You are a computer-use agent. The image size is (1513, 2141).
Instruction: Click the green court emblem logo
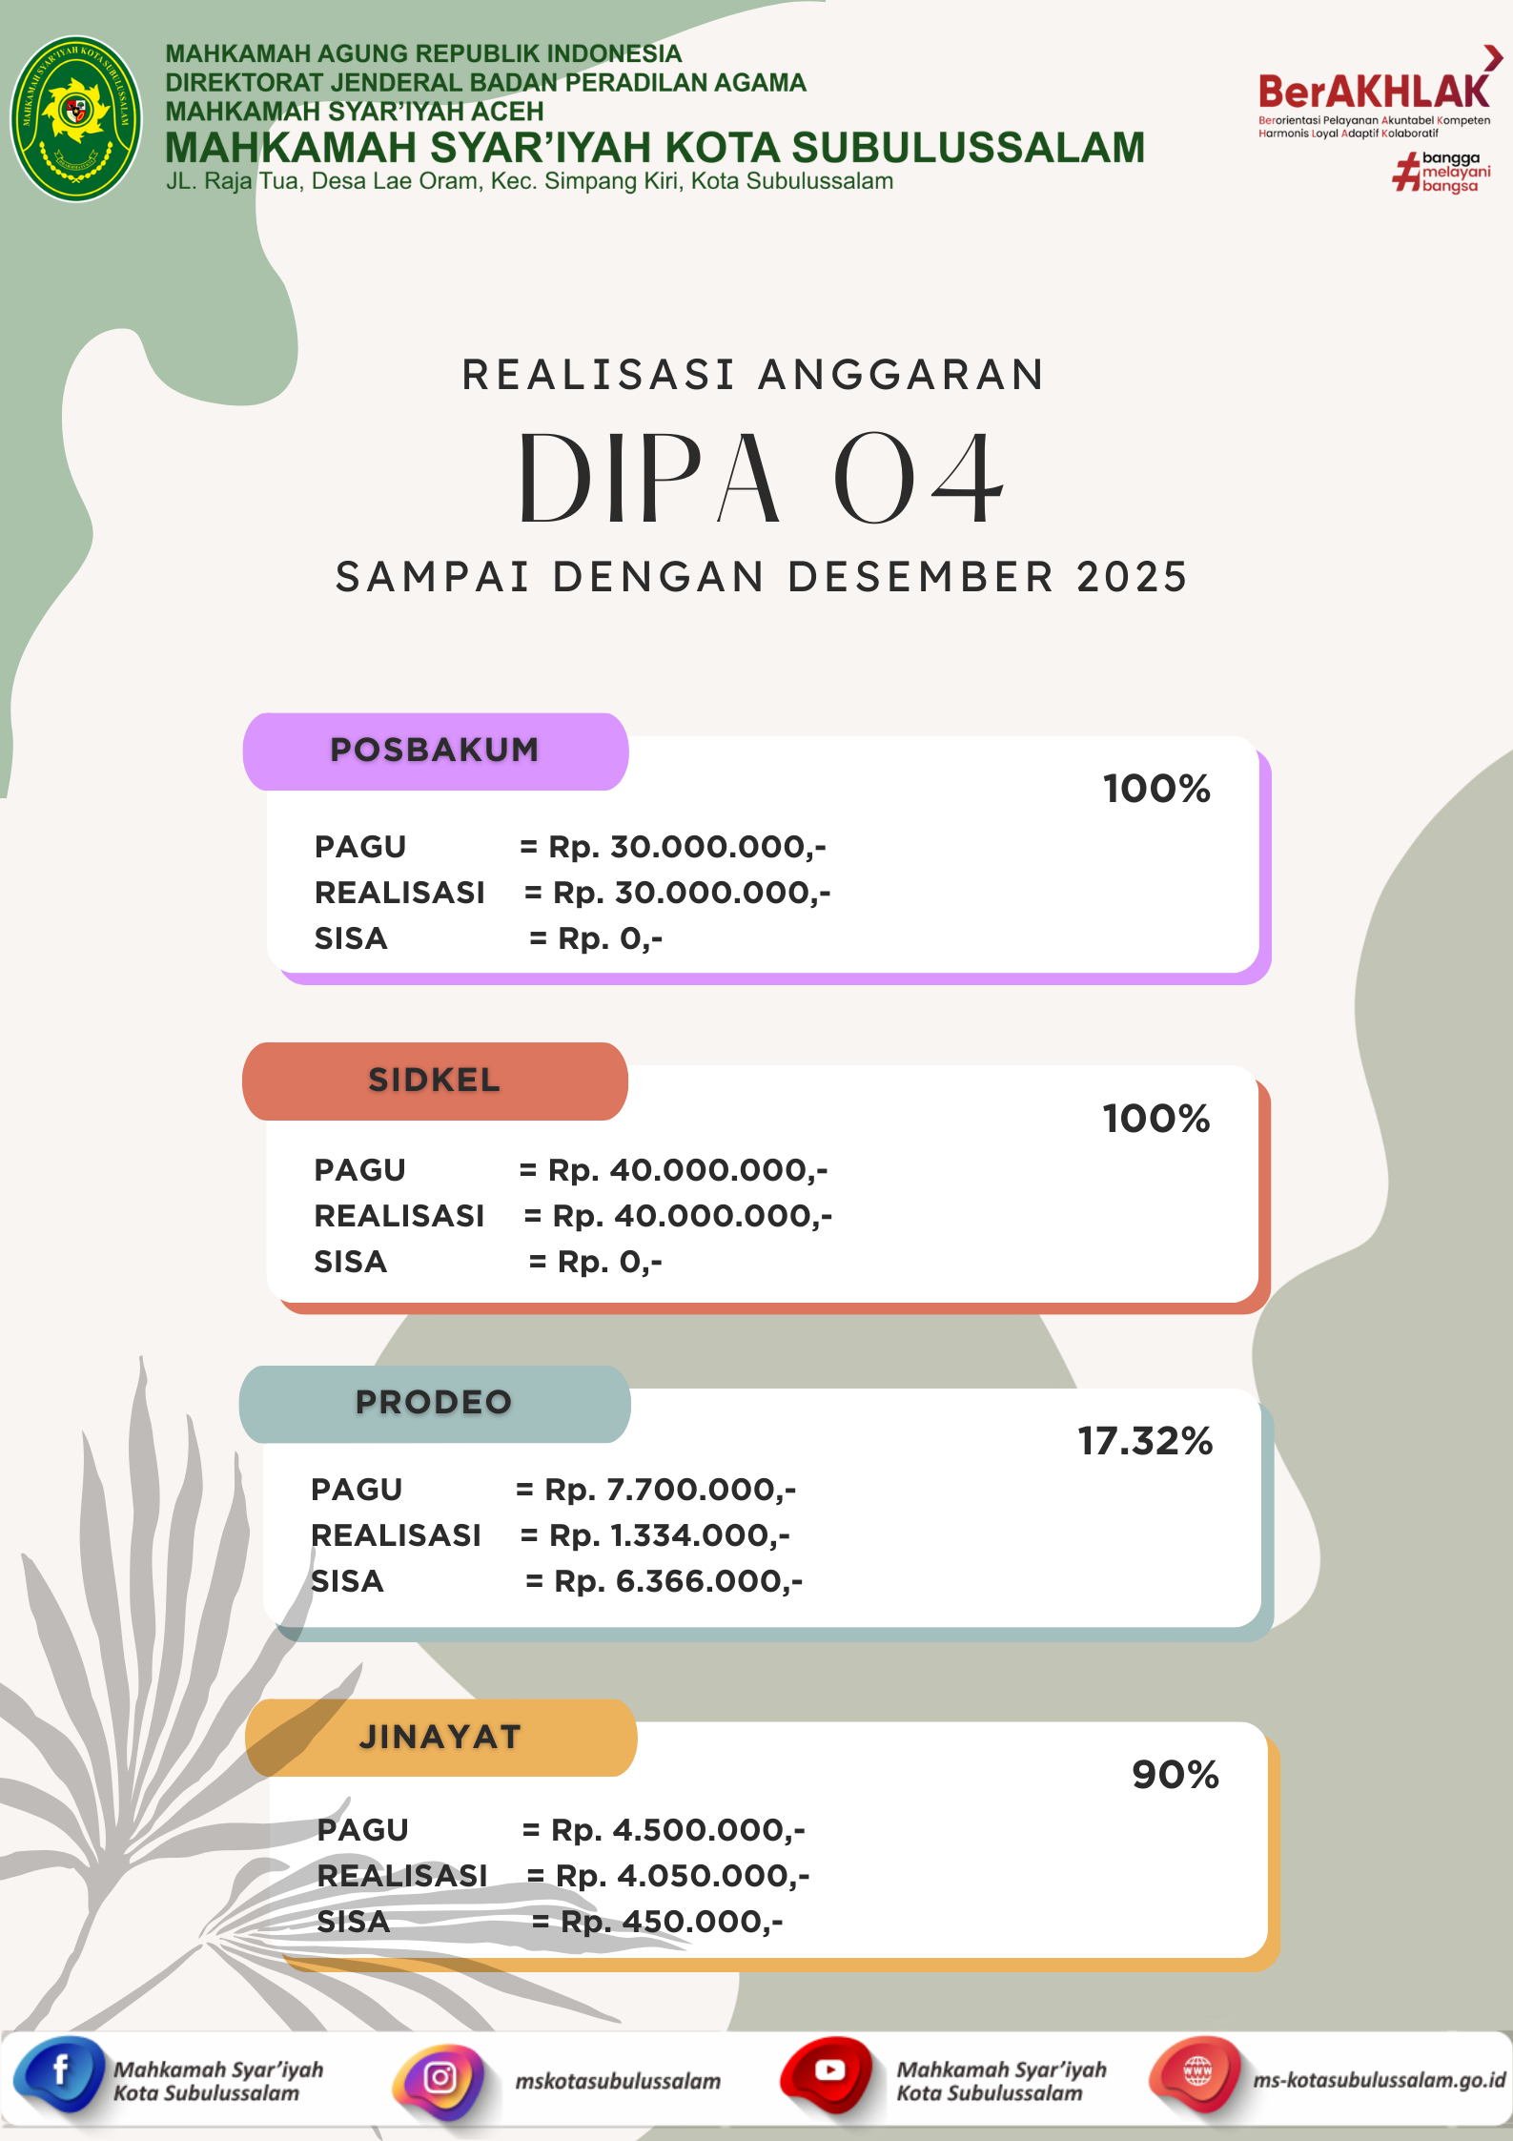pos(75,118)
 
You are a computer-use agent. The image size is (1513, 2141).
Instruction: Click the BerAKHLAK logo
pos(1374,93)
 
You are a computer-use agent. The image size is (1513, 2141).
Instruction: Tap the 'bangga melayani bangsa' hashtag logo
pos(1441,173)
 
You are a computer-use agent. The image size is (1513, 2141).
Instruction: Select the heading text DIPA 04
pos(760,480)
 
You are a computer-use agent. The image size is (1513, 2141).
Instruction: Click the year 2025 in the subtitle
pos(1132,578)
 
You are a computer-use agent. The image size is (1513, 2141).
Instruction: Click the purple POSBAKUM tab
pos(435,751)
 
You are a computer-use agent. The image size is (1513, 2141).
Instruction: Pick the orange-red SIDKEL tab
pos(435,1081)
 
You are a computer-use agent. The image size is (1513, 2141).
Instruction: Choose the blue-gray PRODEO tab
pos(435,1403)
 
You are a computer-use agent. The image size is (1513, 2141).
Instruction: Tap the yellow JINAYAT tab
pos(440,1738)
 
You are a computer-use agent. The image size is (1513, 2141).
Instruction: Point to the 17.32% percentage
pos(1145,1441)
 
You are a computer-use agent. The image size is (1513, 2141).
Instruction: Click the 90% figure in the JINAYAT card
pos(1176,1775)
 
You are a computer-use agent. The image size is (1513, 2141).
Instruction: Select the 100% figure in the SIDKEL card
pos(1156,1119)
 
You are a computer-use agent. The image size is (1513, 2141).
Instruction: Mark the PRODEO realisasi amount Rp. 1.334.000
pos(668,1535)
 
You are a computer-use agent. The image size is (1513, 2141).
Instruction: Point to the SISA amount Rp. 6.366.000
pos(678,1581)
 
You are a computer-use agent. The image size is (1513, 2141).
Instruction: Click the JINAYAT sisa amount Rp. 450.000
pos(671,1922)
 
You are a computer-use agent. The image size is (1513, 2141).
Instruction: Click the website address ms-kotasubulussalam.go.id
pos(1379,2080)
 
